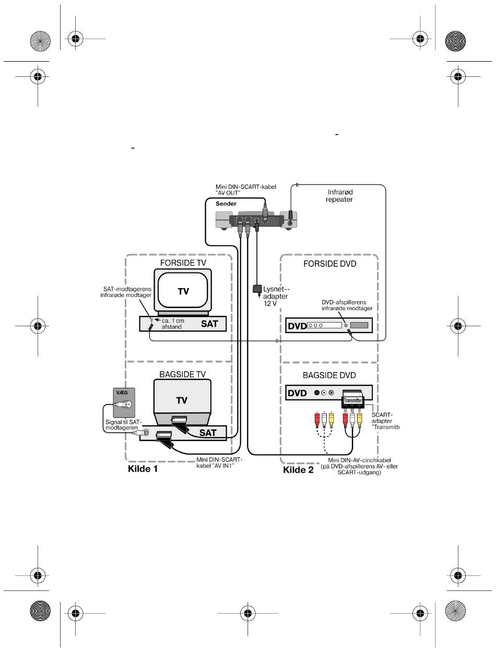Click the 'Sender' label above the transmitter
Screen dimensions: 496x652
[x=226, y=204]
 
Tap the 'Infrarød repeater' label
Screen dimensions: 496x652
[x=339, y=196]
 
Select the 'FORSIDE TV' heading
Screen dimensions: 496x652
[x=183, y=263]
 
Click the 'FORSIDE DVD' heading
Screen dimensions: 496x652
[x=329, y=264]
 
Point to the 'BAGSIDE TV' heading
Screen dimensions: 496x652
[x=182, y=374]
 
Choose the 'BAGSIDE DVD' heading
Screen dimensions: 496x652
[x=329, y=375]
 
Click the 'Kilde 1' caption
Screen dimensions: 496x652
[x=143, y=468]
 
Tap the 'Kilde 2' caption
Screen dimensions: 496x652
[x=298, y=470]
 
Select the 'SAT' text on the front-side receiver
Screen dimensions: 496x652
[x=209, y=324]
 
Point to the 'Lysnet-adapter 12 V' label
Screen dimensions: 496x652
[x=276, y=296]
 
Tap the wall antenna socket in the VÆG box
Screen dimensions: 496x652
[x=124, y=404]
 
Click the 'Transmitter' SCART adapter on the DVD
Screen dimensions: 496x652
[x=352, y=401]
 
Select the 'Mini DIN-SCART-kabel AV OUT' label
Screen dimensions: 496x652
[x=246, y=190]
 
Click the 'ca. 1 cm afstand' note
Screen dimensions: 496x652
[x=173, y=324]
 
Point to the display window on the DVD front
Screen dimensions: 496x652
[x=359, y=325]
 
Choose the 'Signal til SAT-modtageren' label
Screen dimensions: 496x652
[x=123, y=425]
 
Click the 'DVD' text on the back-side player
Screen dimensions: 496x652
[x=297, y=393]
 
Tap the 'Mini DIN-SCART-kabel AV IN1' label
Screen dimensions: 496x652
[x=219, y=463]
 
